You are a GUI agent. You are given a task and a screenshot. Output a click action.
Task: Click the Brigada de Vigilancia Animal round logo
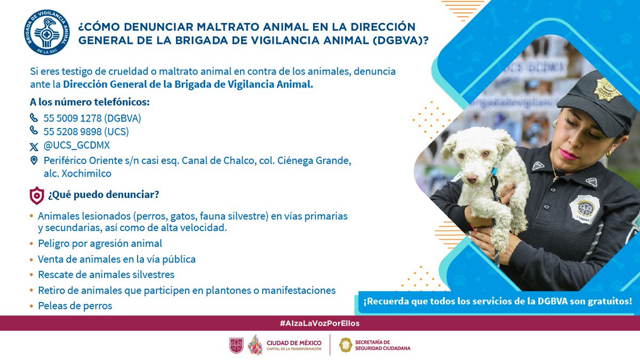[47, 32]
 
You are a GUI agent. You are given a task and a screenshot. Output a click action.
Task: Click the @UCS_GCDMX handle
[77, 146]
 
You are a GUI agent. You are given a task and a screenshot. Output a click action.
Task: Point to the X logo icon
[34, 146]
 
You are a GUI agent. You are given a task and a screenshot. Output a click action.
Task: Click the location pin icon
[34, 161]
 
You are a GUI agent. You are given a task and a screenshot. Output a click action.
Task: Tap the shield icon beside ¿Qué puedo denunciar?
[36, 196]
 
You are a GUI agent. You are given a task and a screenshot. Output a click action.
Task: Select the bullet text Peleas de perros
[75, 306]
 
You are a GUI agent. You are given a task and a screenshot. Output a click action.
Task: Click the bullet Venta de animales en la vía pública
[117, 260]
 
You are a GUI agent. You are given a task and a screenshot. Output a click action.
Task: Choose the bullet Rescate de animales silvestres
[106, 275]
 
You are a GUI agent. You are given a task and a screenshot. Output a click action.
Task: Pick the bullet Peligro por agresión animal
[100, 244]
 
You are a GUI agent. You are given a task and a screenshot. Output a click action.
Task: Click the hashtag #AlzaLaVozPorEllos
[319, 324]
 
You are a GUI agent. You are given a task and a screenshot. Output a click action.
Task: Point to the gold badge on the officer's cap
[607, 88]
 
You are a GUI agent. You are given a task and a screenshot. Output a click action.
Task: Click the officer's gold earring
[609, 154]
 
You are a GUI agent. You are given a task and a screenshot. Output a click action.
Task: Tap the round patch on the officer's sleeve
[584, 209]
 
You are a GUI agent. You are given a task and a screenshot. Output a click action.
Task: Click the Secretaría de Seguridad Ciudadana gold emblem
[346, 345]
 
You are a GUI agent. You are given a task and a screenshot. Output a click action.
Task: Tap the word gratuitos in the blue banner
[608, 301]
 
